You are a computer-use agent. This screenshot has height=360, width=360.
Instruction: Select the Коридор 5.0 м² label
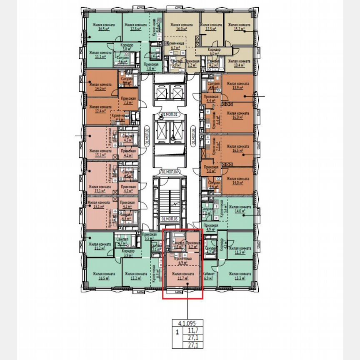[x=215, y=52]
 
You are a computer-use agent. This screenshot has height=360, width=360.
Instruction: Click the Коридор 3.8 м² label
[x=126, y=47]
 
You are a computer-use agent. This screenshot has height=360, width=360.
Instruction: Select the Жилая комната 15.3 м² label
[x=236, y=276]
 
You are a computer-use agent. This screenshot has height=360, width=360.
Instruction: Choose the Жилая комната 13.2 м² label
[x=135, y=276]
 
